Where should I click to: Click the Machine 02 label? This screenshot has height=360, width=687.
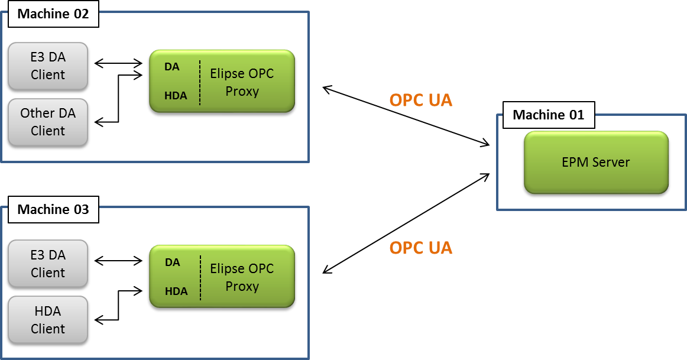(x=53, y=14)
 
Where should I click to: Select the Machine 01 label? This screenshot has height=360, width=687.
(x=548, y=115)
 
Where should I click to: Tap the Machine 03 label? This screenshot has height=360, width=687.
(x=53, y=209)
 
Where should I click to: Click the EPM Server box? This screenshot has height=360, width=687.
(x=596, y=162)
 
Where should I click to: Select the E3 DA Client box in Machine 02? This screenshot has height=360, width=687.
(x=48, y=67)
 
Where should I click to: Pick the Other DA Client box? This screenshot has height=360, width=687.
(x=48, y=122)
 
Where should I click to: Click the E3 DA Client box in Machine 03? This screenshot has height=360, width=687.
(x=48, y=264)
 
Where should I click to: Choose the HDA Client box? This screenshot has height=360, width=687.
(x=48, y=320)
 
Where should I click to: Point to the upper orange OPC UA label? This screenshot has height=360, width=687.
(x=420, y=100)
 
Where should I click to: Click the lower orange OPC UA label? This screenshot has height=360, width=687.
(x=420, y=248)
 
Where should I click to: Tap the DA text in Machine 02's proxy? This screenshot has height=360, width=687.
(x=172, y=67)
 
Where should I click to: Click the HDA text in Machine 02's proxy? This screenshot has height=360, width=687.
(x=176, y=95)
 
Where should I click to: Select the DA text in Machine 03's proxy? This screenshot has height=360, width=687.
(x=172, y=262)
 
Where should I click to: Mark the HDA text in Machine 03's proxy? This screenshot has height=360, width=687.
(x=176, y=291)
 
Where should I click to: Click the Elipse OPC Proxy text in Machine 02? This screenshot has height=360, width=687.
(x=242, y=83)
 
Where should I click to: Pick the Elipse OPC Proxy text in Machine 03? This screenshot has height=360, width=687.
(x=242, y=277)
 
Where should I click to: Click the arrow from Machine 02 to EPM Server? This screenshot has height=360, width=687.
(x=406, y=116)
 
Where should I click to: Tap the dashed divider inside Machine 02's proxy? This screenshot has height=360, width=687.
(x=200, y=82)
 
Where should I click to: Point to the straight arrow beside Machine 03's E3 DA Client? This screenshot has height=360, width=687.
(x=119, y=261)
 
